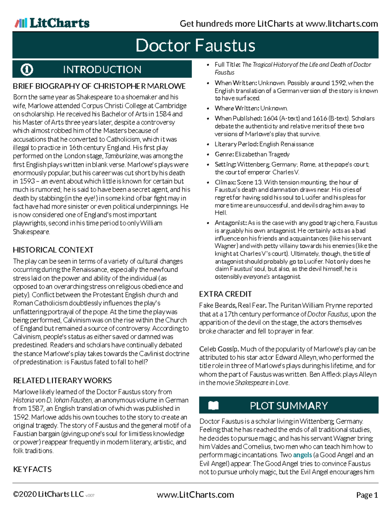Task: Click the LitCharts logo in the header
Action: coord(52,23)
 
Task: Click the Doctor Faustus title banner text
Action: coord(195,45)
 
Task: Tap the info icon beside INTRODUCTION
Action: coord(27,69)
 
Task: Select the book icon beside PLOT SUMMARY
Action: coord(213,405)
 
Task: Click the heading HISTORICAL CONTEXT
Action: coord(53,250)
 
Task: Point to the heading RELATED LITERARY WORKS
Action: coord(62,381)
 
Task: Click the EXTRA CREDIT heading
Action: coord(225,294)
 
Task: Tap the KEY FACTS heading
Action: coord(32,469)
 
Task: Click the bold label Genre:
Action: coord(224,154)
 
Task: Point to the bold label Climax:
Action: coord(225,182)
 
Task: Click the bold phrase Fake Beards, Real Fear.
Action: coord(233,306)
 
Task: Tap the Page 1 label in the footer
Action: coord(367,495)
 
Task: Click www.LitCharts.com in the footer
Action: coord(195,495)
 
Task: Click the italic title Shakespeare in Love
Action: coord(262,383)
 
